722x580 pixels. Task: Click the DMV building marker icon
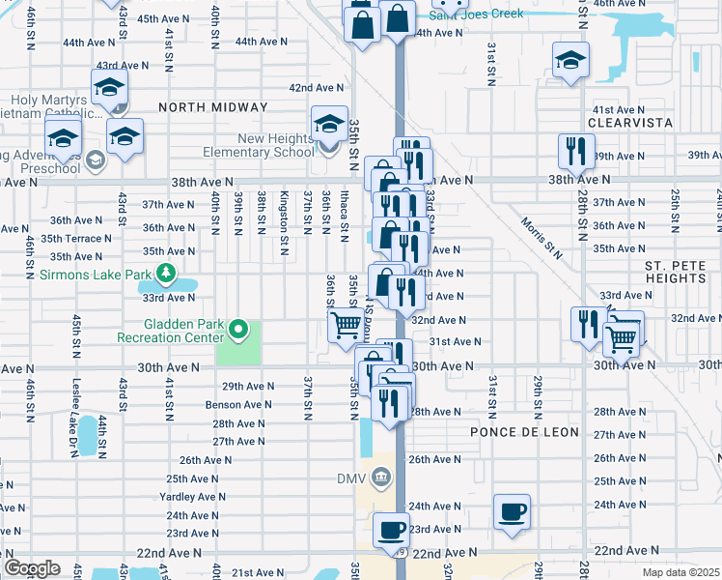[x=381, y=477]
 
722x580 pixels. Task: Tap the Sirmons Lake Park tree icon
[x=166, y=275]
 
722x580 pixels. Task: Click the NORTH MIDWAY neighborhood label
[x=204, y=108]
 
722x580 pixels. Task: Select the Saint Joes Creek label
[x=477, y=14]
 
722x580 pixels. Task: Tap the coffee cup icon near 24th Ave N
[x=512, y=510]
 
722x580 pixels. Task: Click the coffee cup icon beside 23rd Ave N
[x=392, y=530]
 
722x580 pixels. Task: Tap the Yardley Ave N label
[x=192, y=497]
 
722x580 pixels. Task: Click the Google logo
[x=32, y=568]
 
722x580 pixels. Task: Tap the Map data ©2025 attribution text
[x=680, y=572]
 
